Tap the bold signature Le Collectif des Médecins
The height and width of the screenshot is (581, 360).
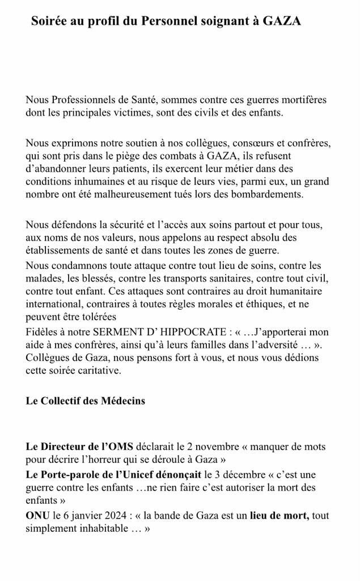click(x=85, y=401)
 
